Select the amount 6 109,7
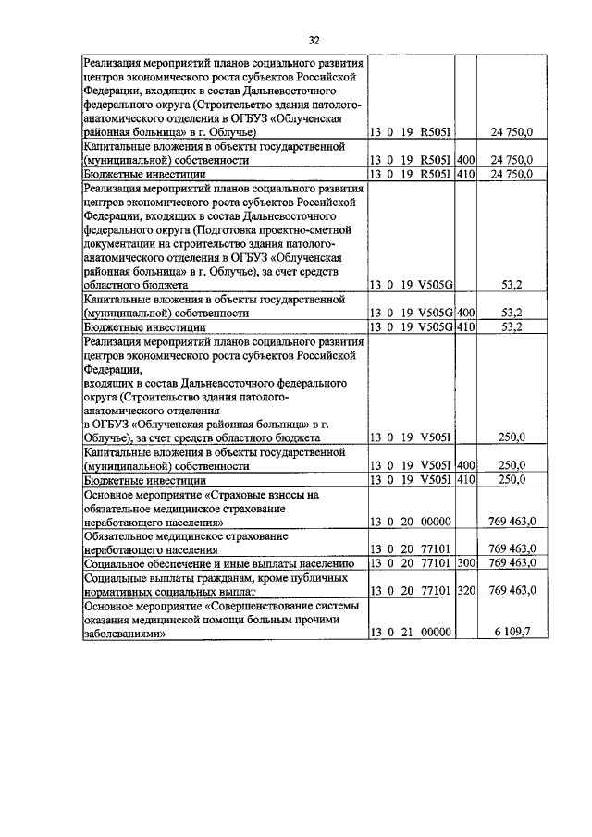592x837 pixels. tap(511, 632)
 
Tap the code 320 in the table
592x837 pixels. tap(465, 590)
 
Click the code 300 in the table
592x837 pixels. tap(465, 562)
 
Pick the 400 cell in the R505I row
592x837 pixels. tap(465, 160)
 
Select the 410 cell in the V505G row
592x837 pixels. tap(465, 326)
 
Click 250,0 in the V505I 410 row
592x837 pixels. tap(512, 479)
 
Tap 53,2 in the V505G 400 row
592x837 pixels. tap(512, 314)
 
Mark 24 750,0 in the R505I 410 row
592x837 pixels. tap(512, 174)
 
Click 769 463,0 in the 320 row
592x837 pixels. tap(512, 590)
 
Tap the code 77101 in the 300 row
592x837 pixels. tap(434, 562)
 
